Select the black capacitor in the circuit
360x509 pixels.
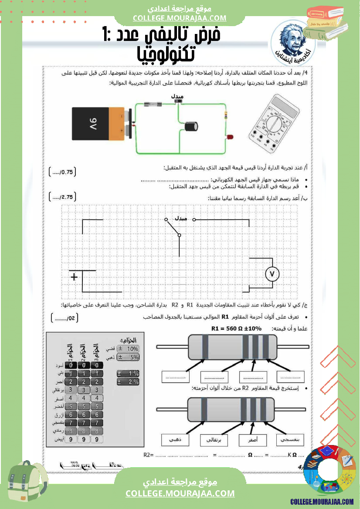[x=191, y=126]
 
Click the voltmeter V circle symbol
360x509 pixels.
[x=272, y=273]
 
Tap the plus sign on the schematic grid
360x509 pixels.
[x=74, y=277]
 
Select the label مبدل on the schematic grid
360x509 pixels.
[x=181, y=219]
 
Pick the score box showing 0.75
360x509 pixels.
[x=63, y=172]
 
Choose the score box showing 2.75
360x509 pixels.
[x=63, y=197]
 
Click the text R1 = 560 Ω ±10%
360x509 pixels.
[x=237, y=329]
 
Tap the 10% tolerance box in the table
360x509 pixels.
[x=129, y=349]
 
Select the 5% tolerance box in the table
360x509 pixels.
[x=129, y=357]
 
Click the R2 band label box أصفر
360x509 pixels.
[x=252, y=440]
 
